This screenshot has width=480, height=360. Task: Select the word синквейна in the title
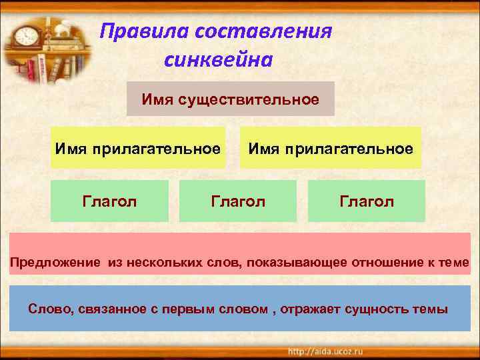click(x=217, y=60)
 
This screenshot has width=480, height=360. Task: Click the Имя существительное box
click(x=230, y=99)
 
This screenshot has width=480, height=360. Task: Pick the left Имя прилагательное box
click(x=137, y=147)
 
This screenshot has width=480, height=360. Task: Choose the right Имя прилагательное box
click(x=331, y=147)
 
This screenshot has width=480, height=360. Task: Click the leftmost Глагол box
click(x=109, y=201)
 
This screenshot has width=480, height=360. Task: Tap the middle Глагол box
click(x=238, y=201)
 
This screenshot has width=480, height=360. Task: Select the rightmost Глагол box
click(x=367, y=201)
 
